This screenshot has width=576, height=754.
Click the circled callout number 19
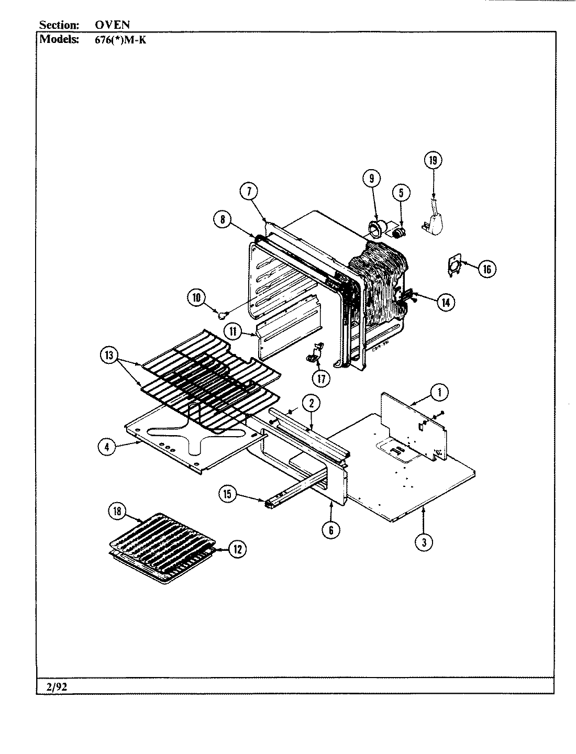[x=433, y=161]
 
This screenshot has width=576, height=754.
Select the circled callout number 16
[x=486, y=269]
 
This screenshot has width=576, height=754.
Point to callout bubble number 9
[x=371, y=179]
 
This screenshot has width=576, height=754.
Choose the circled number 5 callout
[x=401, y=193]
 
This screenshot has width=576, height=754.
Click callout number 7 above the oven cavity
[x=249, y=192]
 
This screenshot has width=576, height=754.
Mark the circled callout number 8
[x=223, y=220]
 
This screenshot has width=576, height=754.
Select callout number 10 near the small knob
[x=196, y=298]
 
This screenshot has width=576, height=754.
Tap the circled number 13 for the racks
[x=108, y=355]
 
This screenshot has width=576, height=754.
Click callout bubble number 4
[x=107, y=447]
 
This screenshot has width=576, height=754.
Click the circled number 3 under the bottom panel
[x=424, y=542]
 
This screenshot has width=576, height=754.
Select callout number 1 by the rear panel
[x=439, y=391]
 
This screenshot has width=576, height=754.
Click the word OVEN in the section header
[x=112, y=25]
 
